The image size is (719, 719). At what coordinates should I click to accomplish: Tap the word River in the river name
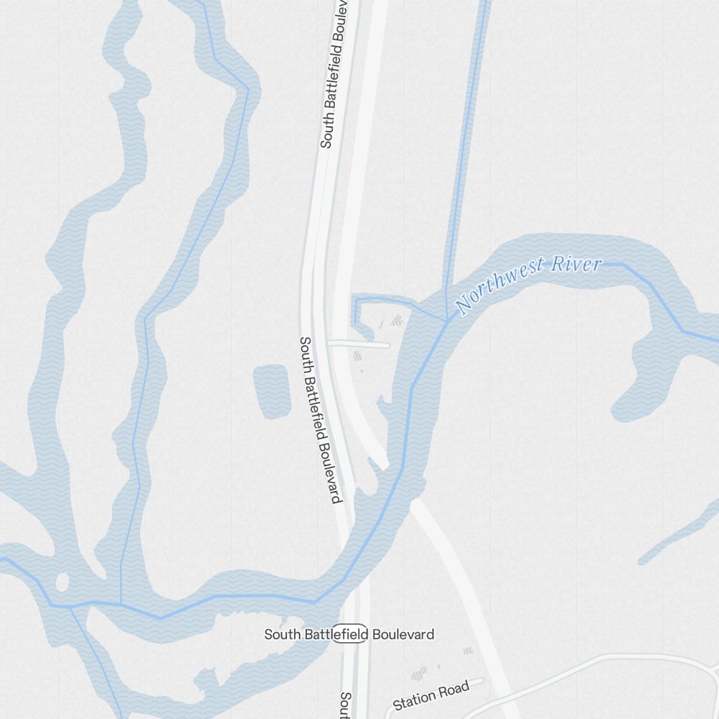coord(574,265)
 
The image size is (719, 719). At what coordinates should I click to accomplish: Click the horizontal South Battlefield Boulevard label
coord(349,634)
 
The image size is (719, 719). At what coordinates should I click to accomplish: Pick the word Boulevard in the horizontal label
coord(403,634)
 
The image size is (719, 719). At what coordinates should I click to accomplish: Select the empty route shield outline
coord(350,633)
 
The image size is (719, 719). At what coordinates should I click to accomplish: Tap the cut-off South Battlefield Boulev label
coord(335,72)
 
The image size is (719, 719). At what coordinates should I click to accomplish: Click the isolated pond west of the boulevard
coord(272,391)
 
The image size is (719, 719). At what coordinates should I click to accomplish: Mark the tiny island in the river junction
coord(62,580)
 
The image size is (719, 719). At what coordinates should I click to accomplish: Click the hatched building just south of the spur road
coord(357,356)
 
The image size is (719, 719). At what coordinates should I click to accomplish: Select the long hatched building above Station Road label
coord(419,674)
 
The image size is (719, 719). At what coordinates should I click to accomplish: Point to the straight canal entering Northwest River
coord(467,144)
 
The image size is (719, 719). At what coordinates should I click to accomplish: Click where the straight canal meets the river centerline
coord(448,319)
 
